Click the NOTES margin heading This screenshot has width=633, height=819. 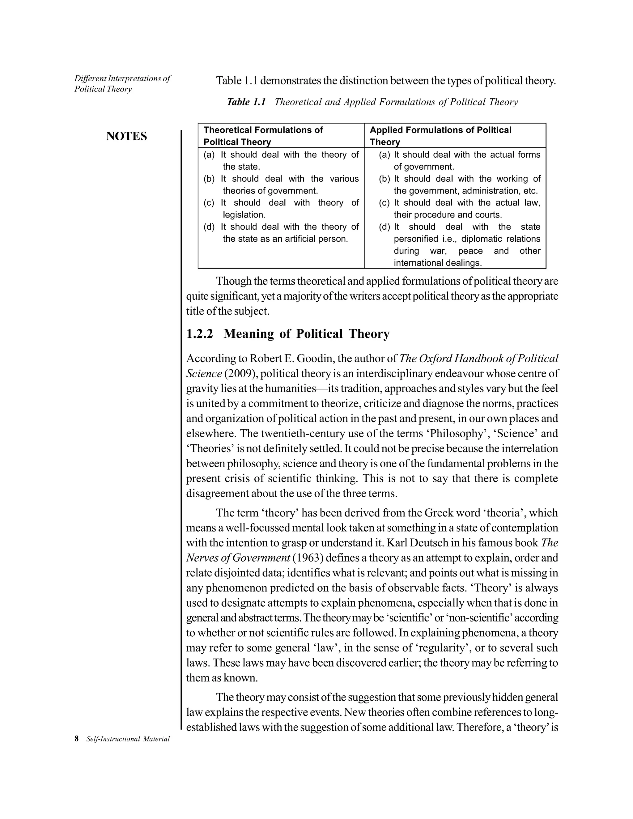126,136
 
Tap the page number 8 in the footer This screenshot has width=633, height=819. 77,739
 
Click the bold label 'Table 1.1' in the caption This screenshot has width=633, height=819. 246,102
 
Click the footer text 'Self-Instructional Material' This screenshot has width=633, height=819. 128,739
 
